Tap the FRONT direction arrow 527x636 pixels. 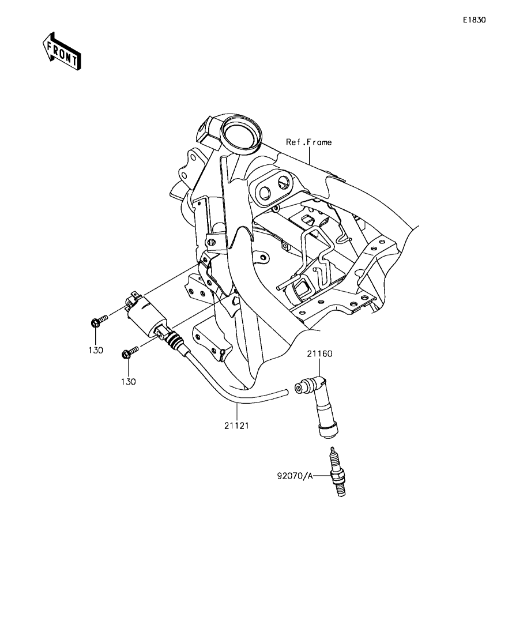tap(62, 51)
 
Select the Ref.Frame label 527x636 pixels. tap(308, 142)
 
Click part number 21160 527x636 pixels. tap(319, 353)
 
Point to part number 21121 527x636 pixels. tap(236, 426)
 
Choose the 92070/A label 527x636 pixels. tap(295, 476)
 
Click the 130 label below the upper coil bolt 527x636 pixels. tap(96, 351)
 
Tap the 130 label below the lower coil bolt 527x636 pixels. tap(128, 382)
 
